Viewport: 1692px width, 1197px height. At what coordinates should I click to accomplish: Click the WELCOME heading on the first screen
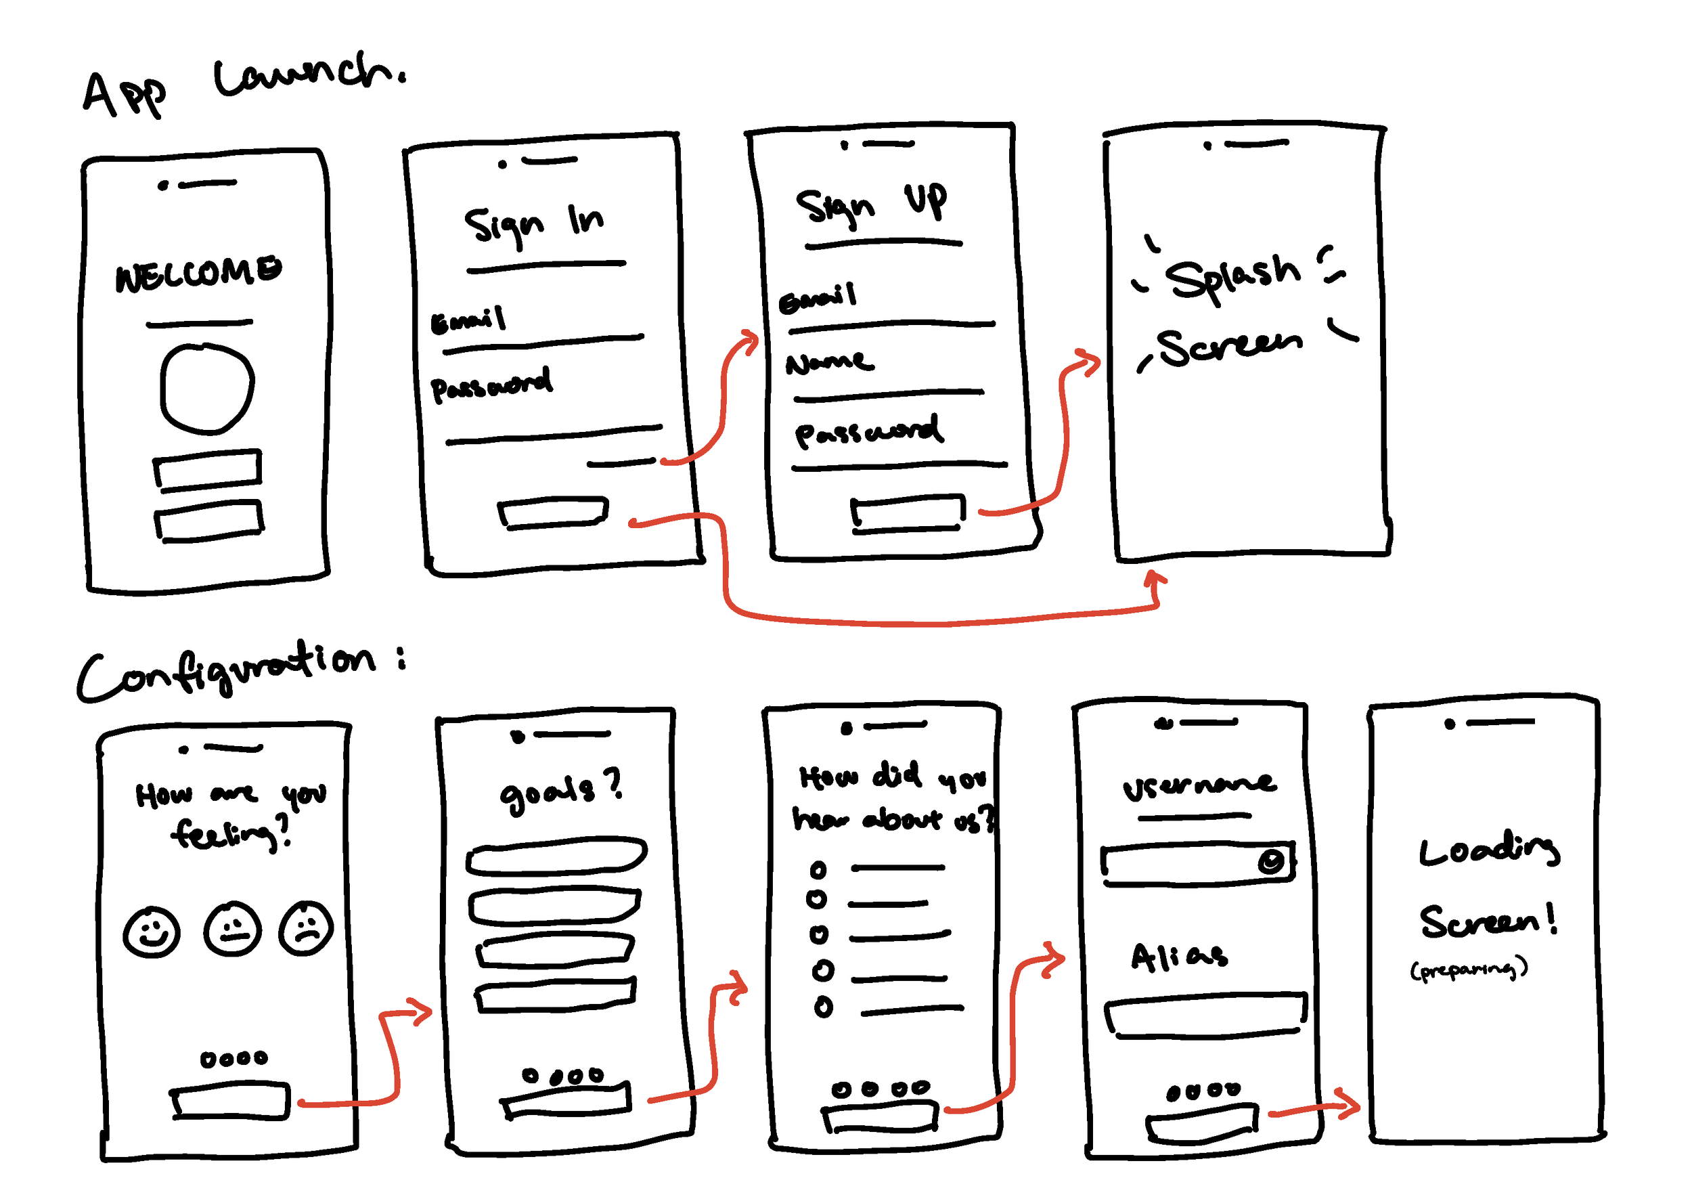pos(198,274)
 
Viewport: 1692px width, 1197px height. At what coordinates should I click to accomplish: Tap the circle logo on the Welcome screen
pos(207,388)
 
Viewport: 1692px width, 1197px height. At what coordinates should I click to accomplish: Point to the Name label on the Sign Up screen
pos(829,362)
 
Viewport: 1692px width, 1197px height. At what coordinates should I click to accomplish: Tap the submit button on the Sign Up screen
pos(907,513)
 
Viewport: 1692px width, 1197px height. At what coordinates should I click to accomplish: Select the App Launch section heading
pos(243,85)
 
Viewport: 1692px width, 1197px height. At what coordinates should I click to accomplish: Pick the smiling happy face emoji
pos(152,932)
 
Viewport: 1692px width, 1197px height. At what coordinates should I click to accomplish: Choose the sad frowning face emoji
pos(306,929)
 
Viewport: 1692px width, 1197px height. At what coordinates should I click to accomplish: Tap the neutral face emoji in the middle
pos(232,930)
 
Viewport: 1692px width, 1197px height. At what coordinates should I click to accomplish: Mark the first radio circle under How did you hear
pos(818,871)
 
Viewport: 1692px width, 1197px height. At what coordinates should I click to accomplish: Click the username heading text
pos(1199,787)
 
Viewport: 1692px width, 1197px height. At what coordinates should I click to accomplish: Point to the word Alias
pos(1179,957)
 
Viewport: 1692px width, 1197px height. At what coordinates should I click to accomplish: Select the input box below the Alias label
pos(1205,1016)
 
